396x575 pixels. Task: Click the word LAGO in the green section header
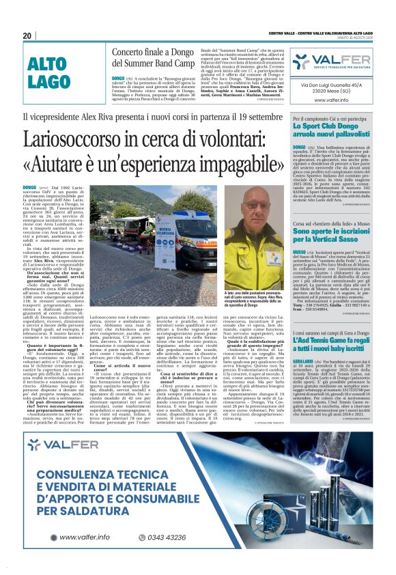coord(48,82)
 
